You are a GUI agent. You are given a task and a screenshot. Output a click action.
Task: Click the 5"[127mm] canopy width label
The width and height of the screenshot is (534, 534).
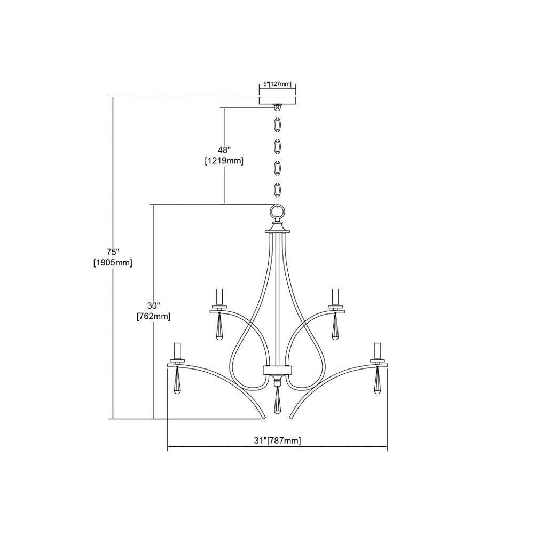[278, 84]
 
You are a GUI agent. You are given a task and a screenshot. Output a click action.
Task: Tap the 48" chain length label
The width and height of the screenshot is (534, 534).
[224, 150]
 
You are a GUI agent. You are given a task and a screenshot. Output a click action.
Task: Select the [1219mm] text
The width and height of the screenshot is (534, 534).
[224, 161]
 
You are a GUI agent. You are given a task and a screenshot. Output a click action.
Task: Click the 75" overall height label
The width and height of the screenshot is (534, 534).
[113, 252]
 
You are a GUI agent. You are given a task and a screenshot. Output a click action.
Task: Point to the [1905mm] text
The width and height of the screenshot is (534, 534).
[113, 263]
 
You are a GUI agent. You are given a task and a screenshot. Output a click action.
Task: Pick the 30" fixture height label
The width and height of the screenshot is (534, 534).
[154, 305]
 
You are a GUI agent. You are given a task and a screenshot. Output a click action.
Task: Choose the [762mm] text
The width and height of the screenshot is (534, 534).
[154, 316]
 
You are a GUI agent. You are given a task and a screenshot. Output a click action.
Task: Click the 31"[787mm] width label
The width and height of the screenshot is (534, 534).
[278, 441]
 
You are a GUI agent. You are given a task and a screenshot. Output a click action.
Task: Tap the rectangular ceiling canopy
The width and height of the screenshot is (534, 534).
[278, 100]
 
